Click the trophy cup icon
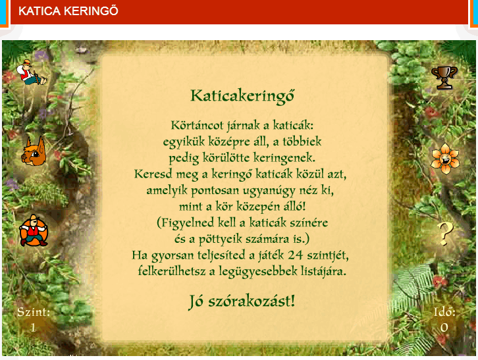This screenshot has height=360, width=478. coord(444,78)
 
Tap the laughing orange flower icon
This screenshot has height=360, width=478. coord(445,159)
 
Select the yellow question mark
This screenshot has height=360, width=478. coord(445,234)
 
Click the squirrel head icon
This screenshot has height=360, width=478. coord(34,151)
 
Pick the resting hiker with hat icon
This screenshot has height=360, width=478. coord(32,72)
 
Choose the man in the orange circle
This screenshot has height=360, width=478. coord(34,230)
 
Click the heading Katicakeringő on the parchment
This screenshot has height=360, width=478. coord(242,96)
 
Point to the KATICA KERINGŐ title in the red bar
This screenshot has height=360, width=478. coord(68,11)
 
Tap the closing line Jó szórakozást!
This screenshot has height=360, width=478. coord(242,301)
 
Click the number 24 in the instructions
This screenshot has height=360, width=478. coord(295,255)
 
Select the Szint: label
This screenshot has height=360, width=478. coord(34,312)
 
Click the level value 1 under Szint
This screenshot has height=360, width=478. coord(33,328)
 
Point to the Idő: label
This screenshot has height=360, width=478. coord(444,312)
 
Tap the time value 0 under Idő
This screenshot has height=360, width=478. coord(444,328)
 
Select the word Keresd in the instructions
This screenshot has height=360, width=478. coord(153,174)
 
